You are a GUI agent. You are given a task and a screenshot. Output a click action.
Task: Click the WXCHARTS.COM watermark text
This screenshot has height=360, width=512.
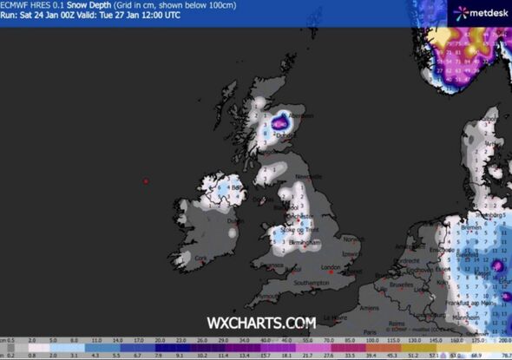[260, 323]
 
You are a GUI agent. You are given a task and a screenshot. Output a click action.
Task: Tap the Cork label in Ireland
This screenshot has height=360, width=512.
[201, 258]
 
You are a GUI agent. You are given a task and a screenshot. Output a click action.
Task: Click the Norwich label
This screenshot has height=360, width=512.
[352, 239]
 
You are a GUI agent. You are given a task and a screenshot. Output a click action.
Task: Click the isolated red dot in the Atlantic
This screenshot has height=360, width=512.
[146, 180]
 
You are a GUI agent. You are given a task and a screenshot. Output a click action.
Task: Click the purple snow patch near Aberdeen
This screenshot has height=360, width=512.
[279, 124]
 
